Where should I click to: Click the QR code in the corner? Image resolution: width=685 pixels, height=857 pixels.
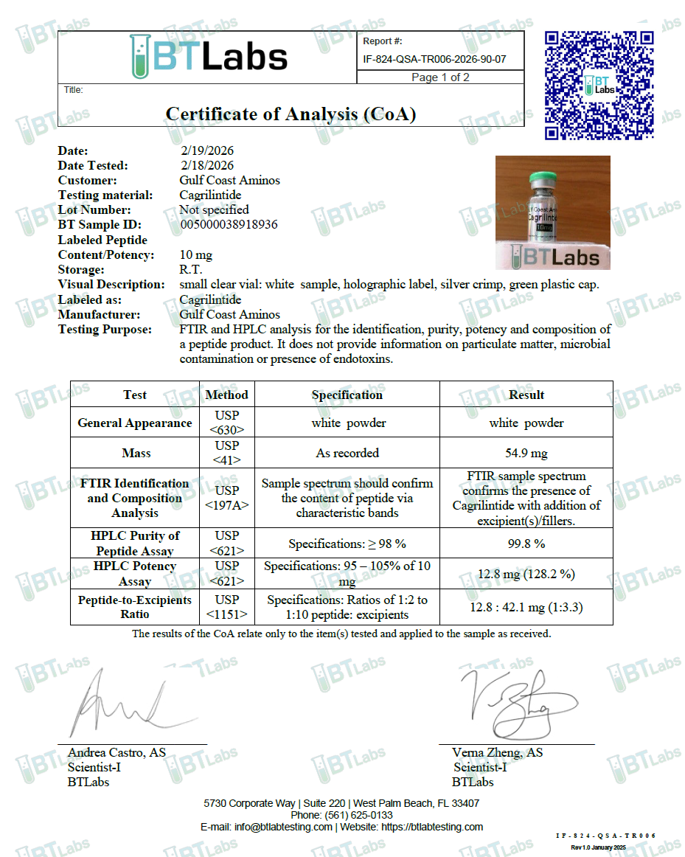click(599, 85)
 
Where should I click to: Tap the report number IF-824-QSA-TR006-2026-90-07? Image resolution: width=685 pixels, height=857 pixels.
click(434, 60)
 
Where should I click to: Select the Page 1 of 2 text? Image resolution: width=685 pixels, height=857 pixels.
click(440, 77)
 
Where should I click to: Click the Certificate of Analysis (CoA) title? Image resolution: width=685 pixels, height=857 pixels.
click(291, 114)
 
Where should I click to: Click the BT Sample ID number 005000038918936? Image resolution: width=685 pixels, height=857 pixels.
click(229, 224)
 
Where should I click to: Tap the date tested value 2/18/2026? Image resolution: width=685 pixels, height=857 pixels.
click(206, 165)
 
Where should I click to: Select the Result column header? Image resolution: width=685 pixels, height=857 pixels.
click(526, 395)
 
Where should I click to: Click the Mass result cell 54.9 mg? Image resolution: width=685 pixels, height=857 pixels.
click(526, 453)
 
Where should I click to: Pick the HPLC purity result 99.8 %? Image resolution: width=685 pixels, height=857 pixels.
click(526, 544)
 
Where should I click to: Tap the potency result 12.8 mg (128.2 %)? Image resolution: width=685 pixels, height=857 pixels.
click(526, 573)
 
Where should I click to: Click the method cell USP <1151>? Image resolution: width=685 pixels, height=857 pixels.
click(226, 607)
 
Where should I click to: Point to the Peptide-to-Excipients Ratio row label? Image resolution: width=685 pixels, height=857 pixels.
click(135, 607)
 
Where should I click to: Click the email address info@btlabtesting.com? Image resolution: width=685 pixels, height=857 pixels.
click(283, 827)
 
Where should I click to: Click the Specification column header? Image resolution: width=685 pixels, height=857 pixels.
click(347, 395)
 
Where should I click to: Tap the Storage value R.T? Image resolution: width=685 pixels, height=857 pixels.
click(190, 269)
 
